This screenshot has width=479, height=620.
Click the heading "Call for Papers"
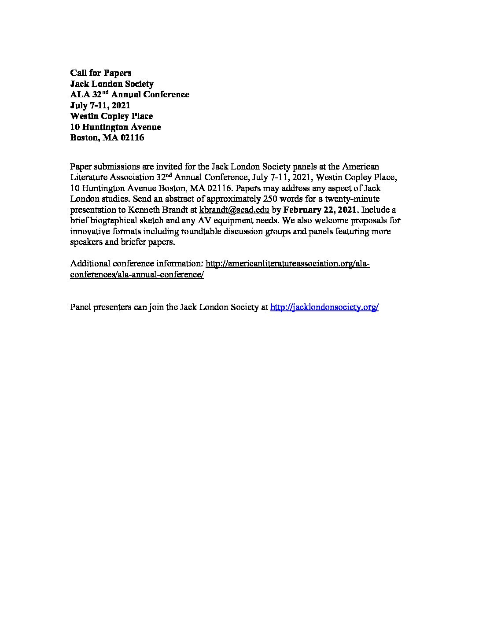coord(101,73)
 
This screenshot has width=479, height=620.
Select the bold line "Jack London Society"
coord(112,84)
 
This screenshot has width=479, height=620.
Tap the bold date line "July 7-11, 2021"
coord(100,105)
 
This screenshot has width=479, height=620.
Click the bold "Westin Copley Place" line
coord(111,116)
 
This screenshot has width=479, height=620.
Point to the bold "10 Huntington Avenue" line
coord(115,127)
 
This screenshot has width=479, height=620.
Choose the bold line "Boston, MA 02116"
coord(107,138)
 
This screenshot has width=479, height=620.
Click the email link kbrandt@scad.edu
coord(234,210)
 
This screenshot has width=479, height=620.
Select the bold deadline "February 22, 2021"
coord(320,210)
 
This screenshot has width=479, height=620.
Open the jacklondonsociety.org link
coord(324,307)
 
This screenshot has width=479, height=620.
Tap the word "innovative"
coord(88,231)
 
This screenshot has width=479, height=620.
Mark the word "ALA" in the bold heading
coord(80,95)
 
